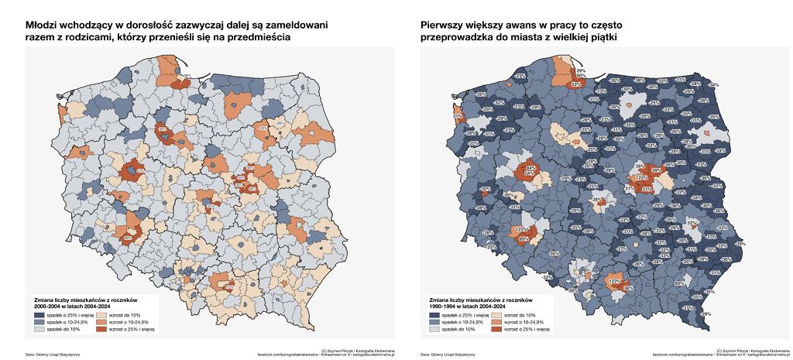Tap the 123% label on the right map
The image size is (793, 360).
[520, 229]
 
